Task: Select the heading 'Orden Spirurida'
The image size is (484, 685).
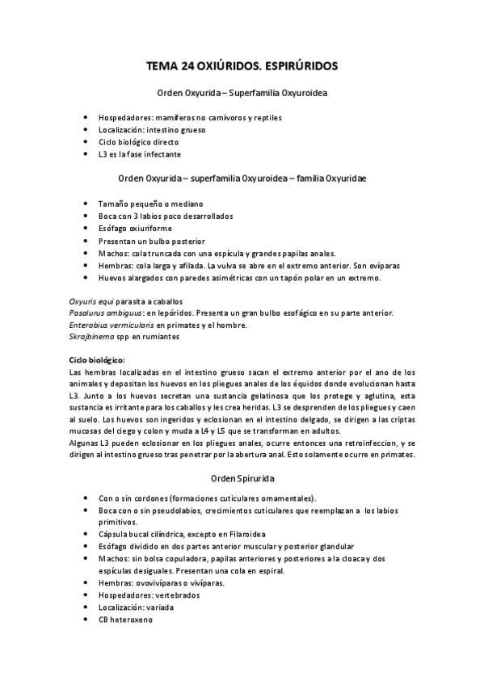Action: [x=242, y=478]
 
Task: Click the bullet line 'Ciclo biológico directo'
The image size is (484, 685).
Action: [x=138, y=141]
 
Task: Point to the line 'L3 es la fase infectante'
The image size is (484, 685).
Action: [x=140, y=153]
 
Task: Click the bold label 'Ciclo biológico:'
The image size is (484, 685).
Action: [x=98, y=359]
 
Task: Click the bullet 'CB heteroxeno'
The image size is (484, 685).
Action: [x=125, y=620]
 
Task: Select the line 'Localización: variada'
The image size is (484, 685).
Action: [x=136, y=607]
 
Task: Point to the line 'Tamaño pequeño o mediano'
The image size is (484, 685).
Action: [x=145, y=204]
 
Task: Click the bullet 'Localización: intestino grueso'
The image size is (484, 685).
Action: [x=152, y=129]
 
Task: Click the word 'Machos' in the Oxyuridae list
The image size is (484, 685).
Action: [x=113, y=253]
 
